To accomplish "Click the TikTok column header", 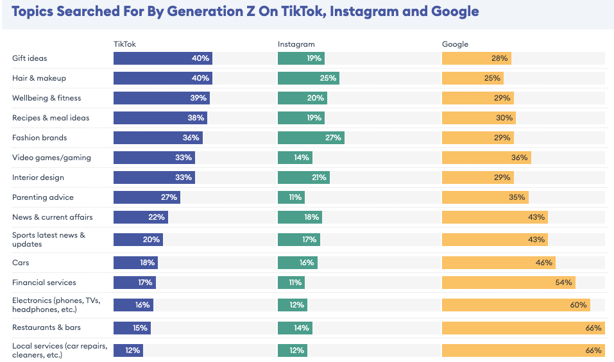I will (x=124, y=44).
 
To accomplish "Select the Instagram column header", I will (x=296, y=44).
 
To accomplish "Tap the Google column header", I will (x=455, y=44).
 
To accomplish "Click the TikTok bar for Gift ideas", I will (x=162, y=58).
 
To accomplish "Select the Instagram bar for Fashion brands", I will (x=311, y=138).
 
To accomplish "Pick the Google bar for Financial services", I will (x=508, y=283).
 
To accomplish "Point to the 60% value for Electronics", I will (x=578, y=305).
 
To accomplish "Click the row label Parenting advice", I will (x=43, y=197).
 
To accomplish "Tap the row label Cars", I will (x=21, y=263).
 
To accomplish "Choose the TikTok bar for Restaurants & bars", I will (x=132, y=328).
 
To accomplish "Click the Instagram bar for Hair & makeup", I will (x=308, y=78).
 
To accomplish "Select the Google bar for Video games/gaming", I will (x=486, y=158).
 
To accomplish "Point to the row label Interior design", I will (x=38, y=177).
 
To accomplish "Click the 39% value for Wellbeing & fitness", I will (x=198, y=98).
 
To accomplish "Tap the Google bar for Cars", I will (x=498, y=263).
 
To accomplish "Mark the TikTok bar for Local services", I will (x=128, y=350).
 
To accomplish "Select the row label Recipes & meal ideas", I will (x=51, y=118).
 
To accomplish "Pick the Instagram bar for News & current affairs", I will (x=299, y=217).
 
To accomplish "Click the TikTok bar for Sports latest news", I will (x=138, y=240).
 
